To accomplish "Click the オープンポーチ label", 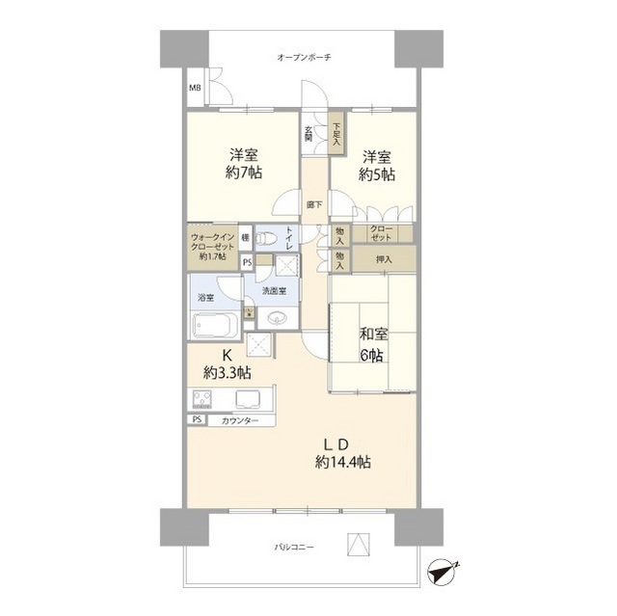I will click(304, 58).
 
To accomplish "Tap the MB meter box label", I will click(195, 90).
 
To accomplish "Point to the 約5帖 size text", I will click(377, 174).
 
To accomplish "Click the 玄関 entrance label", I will click(308, 134).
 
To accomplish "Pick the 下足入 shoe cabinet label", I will click(336, 132).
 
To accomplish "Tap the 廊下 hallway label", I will click(314, 204).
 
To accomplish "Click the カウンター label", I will click(239, 421).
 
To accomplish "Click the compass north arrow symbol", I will click(441, 571).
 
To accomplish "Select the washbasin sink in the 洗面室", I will click(279, 318).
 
